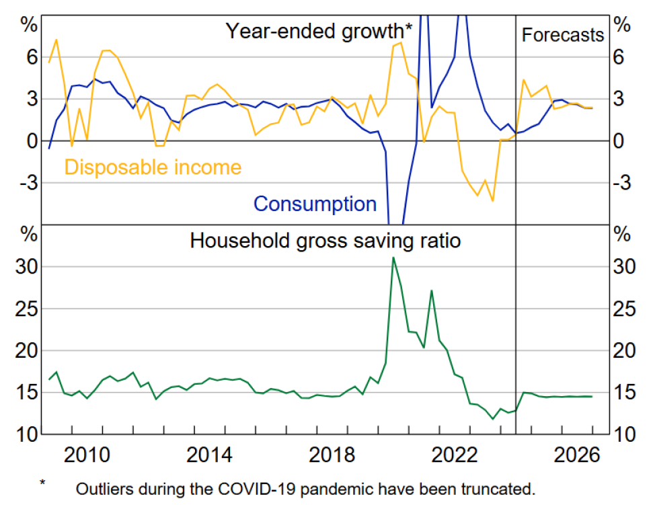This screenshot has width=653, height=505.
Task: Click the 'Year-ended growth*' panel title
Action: tap(319, 31)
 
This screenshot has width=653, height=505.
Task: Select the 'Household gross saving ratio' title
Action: tap(325, 240)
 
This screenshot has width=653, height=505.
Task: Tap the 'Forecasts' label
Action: tap(563, 35)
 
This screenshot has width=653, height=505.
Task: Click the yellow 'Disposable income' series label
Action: tap(152, 166)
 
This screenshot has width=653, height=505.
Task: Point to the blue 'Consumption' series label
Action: tap(315, 203)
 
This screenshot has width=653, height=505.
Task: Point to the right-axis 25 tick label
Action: tap(625, 309)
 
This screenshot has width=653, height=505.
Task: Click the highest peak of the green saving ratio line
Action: tap(393, 258)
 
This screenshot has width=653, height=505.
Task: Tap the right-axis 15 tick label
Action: tap(625, 393)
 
